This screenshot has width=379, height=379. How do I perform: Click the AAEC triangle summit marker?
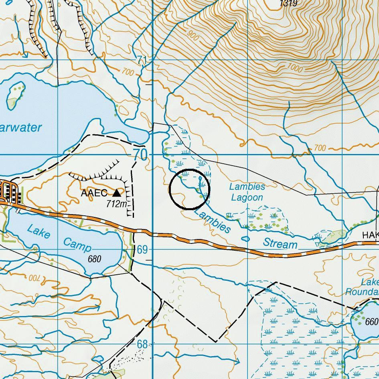click(x=117, y=193)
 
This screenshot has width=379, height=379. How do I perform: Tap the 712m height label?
click(x=117, y=204)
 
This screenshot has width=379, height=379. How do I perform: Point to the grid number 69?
click(x=142, y=250)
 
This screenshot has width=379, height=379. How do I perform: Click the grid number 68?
click(x=142, y=344)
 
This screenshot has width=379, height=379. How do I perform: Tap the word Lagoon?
click(x=247, y=197)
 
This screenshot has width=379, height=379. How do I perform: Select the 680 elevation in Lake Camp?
click(x=94, y=259)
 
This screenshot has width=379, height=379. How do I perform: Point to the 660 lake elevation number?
click(x=372, y=322)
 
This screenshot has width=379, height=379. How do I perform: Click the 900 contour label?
click(x=193, y=36)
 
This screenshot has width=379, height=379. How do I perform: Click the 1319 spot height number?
click(x=288, y=4)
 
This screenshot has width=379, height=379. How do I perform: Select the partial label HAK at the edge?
click(x=370, y=235)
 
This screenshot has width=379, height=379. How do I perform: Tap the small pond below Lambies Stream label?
click(x=245, y=239)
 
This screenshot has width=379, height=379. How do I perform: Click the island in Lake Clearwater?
click(x=15, y=95)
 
